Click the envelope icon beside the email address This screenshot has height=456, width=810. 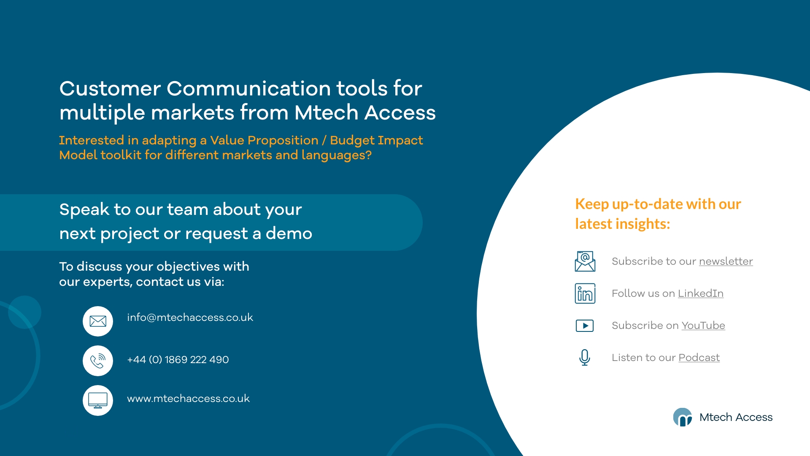pyautogui.click(x=98, y=321)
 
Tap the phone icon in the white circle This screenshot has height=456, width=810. pyautogui.click(x=98, y=361)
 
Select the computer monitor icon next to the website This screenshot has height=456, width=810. pyautogui.click(x=98, y=400)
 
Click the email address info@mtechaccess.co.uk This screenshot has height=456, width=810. pyautogui.click(x=190, y=318)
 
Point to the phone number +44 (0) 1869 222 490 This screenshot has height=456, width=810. pyautogui.click(x=178, y=360)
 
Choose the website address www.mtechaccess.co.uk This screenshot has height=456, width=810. pyautogui.click(x=188, y=399)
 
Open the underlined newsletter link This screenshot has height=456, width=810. pyautogui.click(x=726, y=261)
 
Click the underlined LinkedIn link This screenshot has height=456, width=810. pyautogui.click(x=700, y=293)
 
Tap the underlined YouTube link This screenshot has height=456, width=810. pyautogui.click(x=703, y=326)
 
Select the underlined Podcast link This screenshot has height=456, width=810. pyautogui.click(x=699, y=358)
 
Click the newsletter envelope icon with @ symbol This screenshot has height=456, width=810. pyautogui.click(x=585, y=261)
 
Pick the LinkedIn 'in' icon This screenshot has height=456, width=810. pyautogui.click(x=585, y=293)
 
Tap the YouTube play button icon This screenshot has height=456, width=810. pyautogui.click(x=585, y=326)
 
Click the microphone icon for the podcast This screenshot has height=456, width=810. pyautogui.click(x=585, y=358)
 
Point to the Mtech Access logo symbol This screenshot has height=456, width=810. pyautogui.click(x=682, y=417)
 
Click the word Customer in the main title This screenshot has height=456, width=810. pyautogui.click(x=110, y=89)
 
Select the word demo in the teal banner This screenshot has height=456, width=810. pyautogui.click(x=289, y=233)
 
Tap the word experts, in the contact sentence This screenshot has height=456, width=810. pyautogui.click(x=107, y=282)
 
